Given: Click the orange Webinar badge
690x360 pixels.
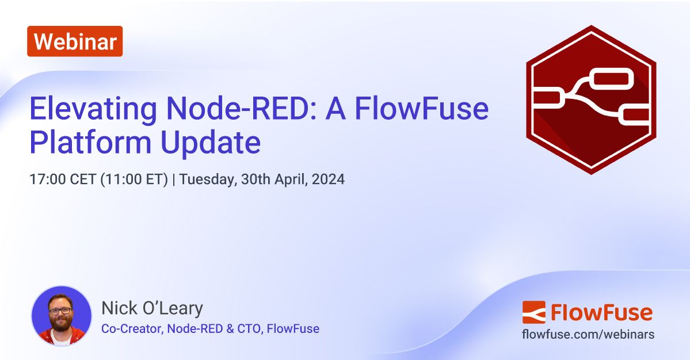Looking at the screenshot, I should point(75,41).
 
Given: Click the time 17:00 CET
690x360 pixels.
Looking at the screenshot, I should point(63,179).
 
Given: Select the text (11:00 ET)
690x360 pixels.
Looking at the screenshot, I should point(134,179).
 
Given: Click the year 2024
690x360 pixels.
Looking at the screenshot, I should point(329,179).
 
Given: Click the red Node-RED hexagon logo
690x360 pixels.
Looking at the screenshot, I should point(591,99).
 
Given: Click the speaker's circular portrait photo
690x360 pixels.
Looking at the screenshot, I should point(60,316).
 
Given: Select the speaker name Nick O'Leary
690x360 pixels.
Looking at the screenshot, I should point(152,309).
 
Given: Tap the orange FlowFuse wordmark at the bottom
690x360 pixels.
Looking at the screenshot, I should point(601,312).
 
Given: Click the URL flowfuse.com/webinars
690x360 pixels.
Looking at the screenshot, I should point(588,334).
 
